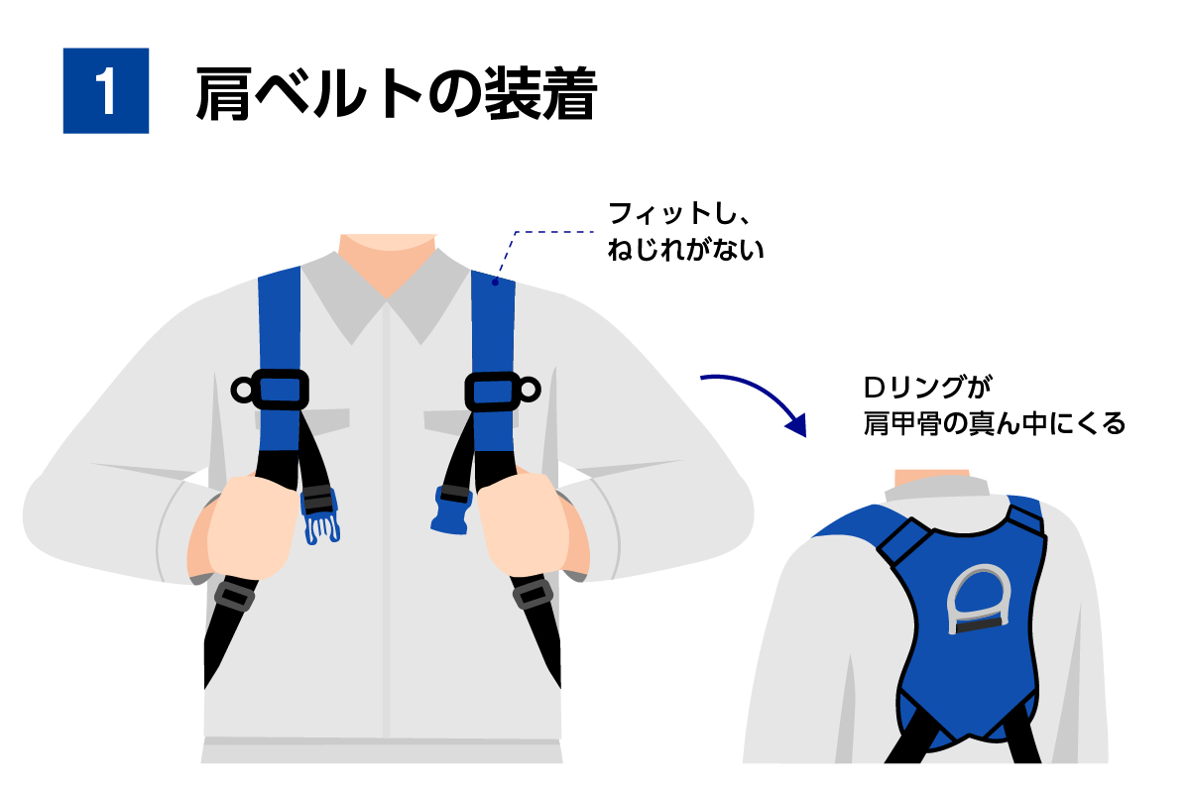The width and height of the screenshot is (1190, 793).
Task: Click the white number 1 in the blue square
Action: point(106,91)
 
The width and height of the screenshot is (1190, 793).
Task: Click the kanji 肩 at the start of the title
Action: point(223,94)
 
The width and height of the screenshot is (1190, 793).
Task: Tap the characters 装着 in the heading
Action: point(540,93)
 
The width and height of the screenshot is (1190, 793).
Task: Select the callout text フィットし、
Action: point(678,213)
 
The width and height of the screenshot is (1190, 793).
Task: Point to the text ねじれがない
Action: point(685,249)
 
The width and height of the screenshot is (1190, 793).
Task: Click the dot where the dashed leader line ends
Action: point(495,283)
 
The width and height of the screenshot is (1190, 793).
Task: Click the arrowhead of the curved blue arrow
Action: point(797,425)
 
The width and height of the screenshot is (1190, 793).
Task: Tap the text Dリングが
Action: point(927,387)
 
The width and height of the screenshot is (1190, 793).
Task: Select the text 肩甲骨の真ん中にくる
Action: point(994,423)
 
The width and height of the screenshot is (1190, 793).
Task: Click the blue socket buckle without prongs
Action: point(451,510)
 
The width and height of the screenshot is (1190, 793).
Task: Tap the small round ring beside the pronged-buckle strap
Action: point(242,391)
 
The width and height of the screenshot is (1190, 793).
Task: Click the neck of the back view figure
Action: point(932,478)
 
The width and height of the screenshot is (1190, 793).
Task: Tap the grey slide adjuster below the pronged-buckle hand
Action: point(234,595)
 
